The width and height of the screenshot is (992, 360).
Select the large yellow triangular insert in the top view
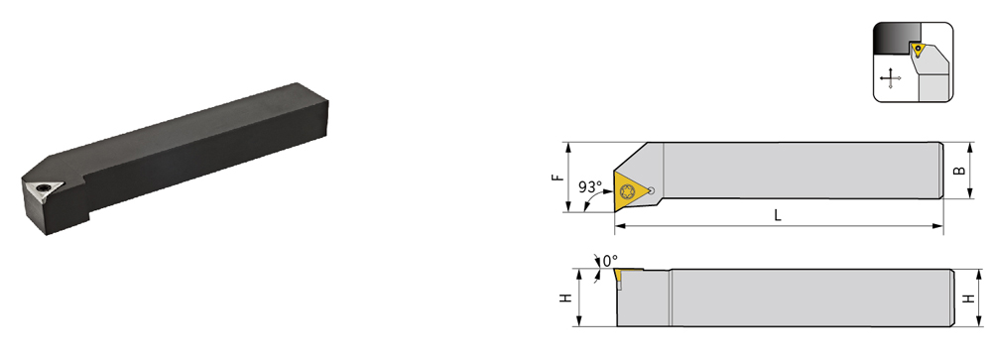pos(630,190)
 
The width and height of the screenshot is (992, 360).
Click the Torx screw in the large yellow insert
pos(628,190)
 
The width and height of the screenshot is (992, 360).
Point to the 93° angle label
pos(589,187)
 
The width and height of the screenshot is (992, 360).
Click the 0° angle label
pos(610,261)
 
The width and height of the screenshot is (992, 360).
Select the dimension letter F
pos(558,178)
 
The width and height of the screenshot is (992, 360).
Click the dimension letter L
pos(778,214)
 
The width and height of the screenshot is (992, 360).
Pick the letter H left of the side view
pos(566,298)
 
